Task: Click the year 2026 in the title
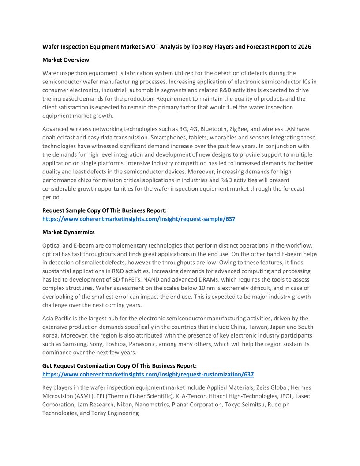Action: pos(304,47)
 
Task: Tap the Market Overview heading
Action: pos(65,60)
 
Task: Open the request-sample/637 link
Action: pos(139,219)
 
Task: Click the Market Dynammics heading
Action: pos(68,232)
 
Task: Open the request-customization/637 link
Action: pos(148,374)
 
